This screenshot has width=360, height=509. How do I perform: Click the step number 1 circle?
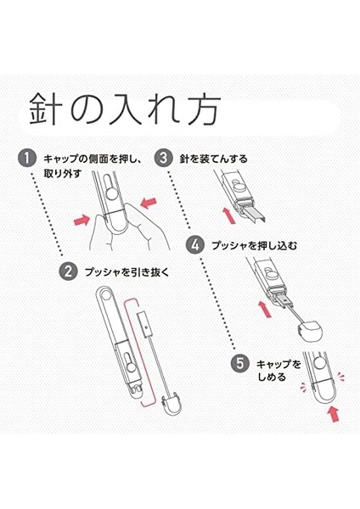(x=27, y=159)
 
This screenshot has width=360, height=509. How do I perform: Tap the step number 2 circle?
(x=68, y=271)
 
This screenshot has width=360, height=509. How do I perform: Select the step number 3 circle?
(x=163, y=159)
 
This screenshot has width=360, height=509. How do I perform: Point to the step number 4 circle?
(x=195, y=245)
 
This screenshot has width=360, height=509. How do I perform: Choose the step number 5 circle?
(x=240, y=363)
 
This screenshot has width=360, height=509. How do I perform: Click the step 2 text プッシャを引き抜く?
(x=127, y=272)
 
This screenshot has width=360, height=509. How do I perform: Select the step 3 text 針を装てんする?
(x=213, y=159)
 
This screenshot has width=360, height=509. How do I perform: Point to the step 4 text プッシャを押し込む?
(x=255, y=245)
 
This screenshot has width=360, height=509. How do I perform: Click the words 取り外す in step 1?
(x=62, y=174)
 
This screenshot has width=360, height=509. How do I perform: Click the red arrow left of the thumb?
(x=82, y=220)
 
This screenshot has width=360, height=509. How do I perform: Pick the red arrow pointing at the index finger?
(x=149, y=204)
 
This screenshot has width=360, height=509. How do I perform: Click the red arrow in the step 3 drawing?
(x=229, y=215)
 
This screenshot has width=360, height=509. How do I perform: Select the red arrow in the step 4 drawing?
(x=265, y=309)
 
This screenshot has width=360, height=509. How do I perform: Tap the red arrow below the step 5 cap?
(x=333, y=414)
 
